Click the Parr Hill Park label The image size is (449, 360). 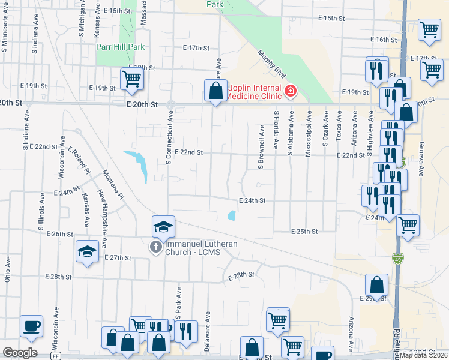click(x=121, y=47)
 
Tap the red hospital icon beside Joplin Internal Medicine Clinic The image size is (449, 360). click(x=291, y=91)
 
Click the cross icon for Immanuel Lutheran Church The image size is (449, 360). click(x=155, y=247)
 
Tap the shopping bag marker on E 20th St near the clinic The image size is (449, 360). click(x=216, y=91)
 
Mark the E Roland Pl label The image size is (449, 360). click(x=79, y=160)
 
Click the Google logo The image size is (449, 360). click(x=20, y=352)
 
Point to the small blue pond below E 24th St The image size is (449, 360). click(x=231, y=216)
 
